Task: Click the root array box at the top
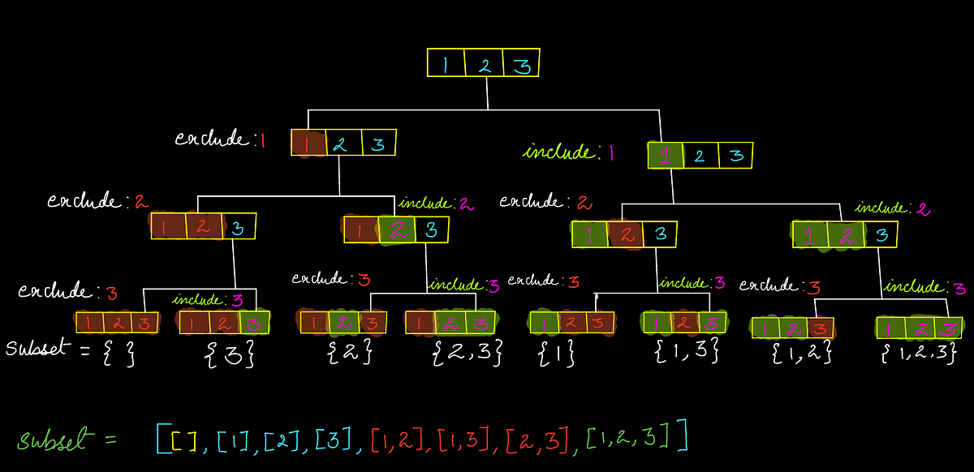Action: (x=484, y=64)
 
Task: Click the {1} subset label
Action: (x=556, y=352)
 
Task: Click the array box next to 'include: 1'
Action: (x=700, y=155)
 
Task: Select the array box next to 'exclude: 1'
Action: (x=343, y=144)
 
